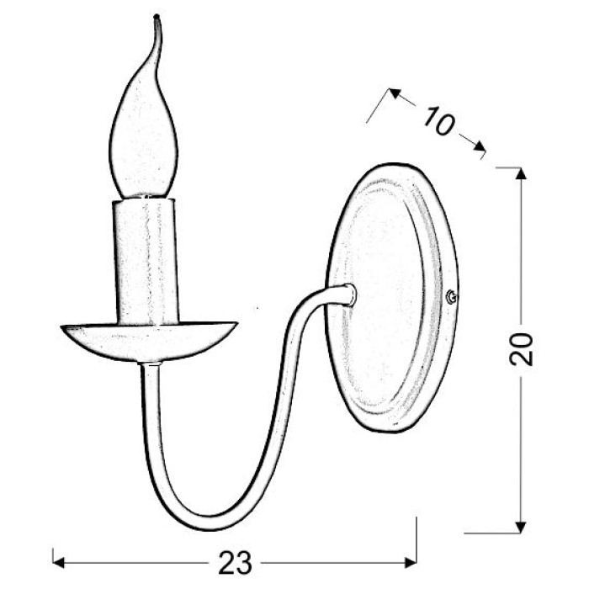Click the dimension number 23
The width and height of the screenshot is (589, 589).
(x=235, y=563)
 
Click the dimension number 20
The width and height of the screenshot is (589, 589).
(x=522, y=349)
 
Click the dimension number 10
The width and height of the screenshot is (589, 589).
(x=438, y=120)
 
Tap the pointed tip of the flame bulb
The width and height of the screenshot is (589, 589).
(x=157, y=16)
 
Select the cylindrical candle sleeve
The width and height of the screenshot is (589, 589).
(x=145, y=262)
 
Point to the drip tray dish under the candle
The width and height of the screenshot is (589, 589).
(x=149, y=341)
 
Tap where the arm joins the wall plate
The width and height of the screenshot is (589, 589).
(x=350, y=294)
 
